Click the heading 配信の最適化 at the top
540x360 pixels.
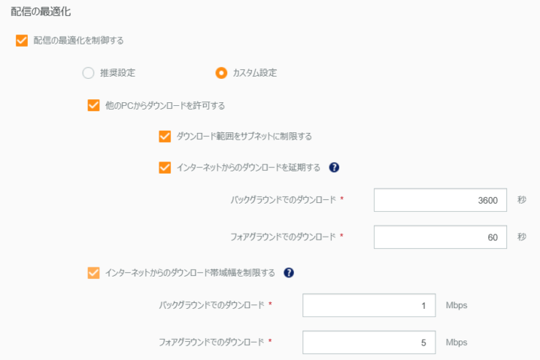[x=41, y=11]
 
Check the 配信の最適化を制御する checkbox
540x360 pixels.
[x=22, y=41]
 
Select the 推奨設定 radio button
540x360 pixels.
[x=88, y=73]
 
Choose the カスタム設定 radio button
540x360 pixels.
[x=221, y=73]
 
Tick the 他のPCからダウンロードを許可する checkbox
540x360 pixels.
[x=94, y=105]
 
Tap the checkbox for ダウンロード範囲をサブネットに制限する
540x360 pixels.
[x=165, y=136]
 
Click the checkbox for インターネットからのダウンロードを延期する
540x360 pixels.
[x=165, y=168]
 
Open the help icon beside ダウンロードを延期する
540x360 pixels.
[x=334, y=168]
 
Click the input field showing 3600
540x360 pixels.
[x=440, y=200]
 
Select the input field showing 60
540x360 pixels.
[x=440, y=237]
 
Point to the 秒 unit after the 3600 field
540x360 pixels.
[x=522, y=200]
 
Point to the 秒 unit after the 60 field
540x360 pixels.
[x=522, y=237]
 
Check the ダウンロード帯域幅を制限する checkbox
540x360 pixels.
[x=94, y=273]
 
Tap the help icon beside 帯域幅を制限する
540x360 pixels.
[x=289, y=273]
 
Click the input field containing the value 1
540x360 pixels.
[x=369, y=305]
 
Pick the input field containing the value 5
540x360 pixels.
[x=369, y=343]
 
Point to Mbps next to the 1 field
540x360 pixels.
[x=457, y=306]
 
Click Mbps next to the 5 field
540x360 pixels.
[x=457, y=343]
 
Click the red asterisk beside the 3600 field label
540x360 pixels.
[x=341, y=198]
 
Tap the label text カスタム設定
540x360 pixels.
[x=255, y=73]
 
